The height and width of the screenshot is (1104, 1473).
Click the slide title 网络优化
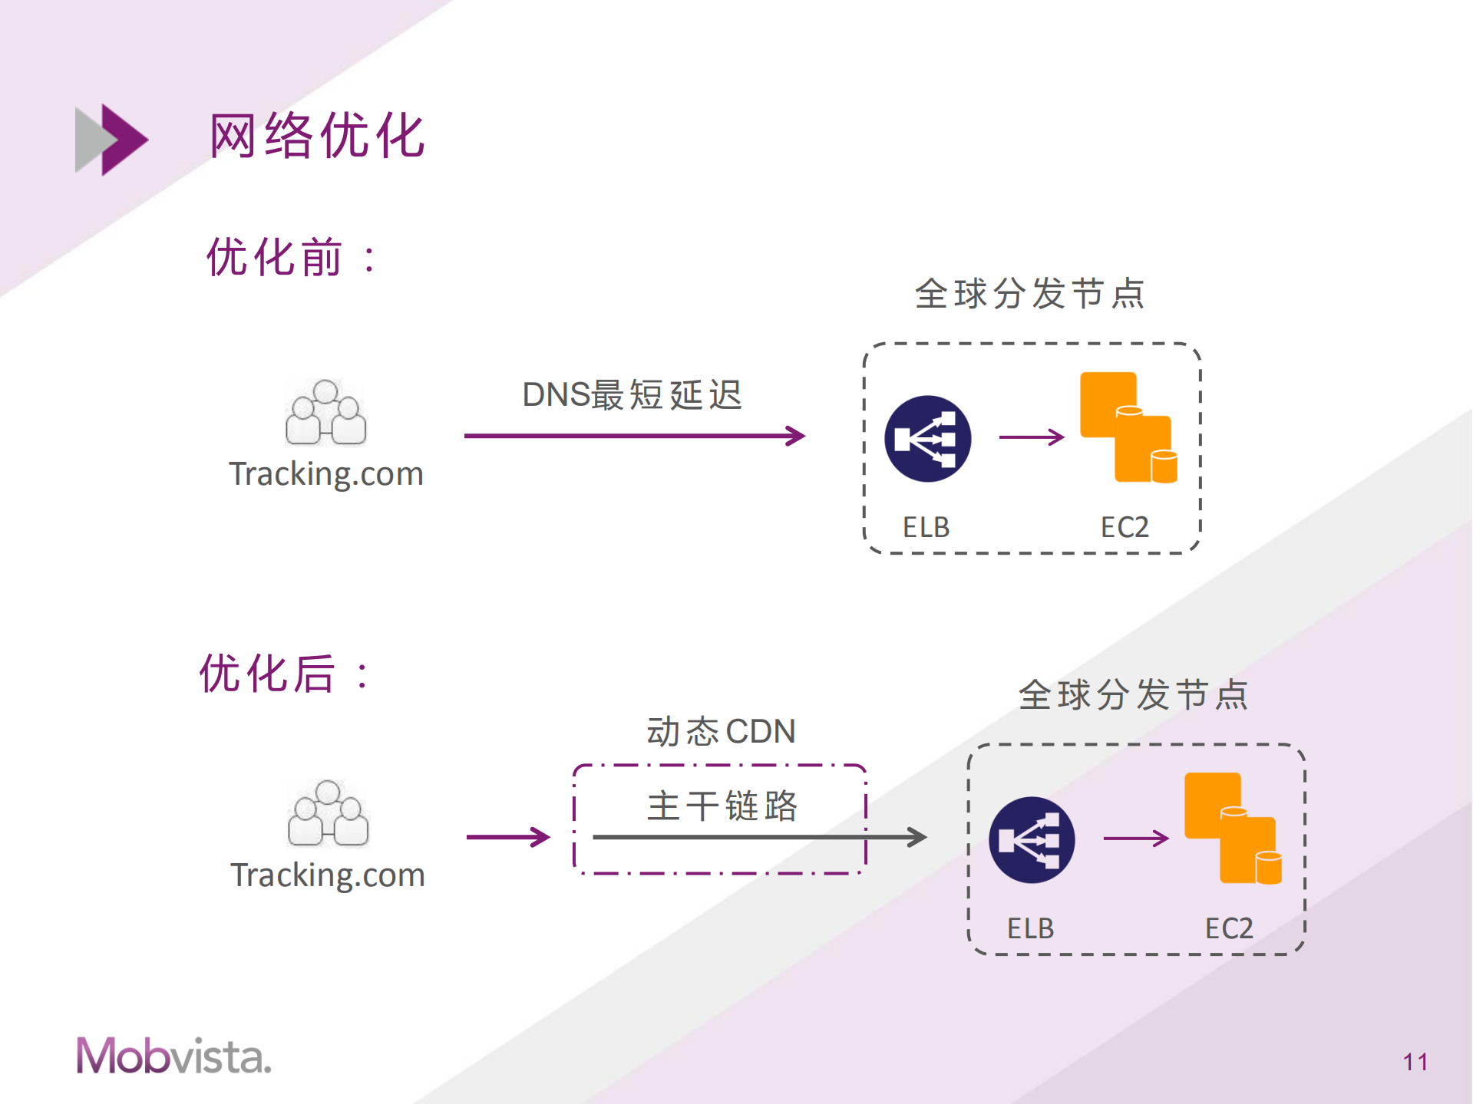317,136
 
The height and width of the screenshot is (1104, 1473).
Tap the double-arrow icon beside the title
111,140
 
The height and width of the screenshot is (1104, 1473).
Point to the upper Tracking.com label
326,474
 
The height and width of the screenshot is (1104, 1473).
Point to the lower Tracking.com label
328,875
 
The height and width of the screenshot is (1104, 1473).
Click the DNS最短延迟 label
632,395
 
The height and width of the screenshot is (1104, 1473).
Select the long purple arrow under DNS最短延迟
633,436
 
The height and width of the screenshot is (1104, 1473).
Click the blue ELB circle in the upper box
928,439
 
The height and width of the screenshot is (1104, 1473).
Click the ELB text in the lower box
1030,928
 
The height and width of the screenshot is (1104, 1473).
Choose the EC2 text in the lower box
1228,928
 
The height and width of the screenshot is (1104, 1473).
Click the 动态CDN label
721,731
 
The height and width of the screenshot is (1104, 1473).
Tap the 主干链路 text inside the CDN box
722,806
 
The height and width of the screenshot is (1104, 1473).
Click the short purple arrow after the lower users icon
507,837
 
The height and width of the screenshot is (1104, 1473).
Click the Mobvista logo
173,1056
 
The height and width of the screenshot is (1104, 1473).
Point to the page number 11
1415,1062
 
